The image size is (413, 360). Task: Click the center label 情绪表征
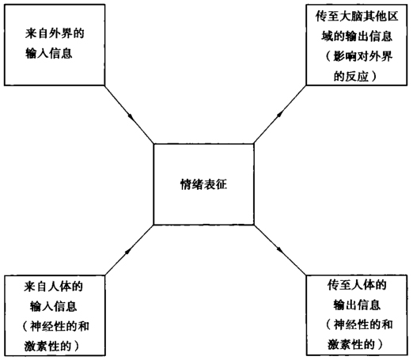tap(203, 184)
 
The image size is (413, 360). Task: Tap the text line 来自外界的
tap(55, 34)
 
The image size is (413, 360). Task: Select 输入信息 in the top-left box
tap(49, 54)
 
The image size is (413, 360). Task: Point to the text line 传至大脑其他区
tap(357, 17)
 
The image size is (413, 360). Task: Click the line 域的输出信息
tap(357, 36)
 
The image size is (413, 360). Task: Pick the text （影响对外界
tap(358, 56)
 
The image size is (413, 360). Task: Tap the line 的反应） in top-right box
tap(355, 77)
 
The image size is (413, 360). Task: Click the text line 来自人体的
tap(54, 286)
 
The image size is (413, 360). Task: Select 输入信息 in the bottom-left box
tap(54, 306)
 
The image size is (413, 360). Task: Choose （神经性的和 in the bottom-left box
tap(55, 327)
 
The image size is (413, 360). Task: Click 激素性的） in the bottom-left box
tap(51, 346)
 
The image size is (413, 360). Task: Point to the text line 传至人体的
tap(357, 285)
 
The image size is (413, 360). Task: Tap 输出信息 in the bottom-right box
tap(357, 305)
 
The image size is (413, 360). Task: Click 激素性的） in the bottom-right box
tap(355, 344)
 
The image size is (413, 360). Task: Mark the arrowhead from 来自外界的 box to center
tap(131, 116)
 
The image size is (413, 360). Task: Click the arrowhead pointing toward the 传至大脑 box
tap(280, 114)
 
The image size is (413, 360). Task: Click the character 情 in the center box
tap(186, 184)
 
